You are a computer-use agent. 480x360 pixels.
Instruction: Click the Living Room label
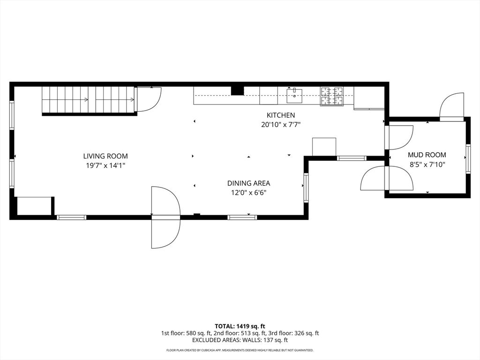tap(105, 156)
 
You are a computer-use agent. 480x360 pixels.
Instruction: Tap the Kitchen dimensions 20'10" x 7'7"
tap(281, 125)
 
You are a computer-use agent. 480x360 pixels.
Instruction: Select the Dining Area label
tap(248, 183)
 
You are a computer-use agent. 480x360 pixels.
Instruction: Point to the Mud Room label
tap(427, 155)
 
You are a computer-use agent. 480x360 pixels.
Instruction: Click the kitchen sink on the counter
tap(294, 96)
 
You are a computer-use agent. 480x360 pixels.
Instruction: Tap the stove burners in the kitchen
tap(331, 96)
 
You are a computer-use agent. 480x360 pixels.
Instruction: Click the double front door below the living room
tap(165, 217)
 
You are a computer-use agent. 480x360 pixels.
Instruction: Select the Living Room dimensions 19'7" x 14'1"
tap(105, 165)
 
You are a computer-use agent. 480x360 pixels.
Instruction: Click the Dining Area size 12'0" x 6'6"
tap(248, 192)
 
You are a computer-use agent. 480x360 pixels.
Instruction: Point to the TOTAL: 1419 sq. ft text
tap(240, 326)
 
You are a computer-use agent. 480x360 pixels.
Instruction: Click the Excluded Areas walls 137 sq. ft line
tap(240, 340)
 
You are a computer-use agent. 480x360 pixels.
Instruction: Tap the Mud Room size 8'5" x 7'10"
tap(427, 164)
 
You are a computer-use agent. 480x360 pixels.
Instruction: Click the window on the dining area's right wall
tap(306, 187)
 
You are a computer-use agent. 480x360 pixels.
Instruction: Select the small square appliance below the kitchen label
tap(324, 146)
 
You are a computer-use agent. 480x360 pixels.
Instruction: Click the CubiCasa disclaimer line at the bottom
tap(240, 350)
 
